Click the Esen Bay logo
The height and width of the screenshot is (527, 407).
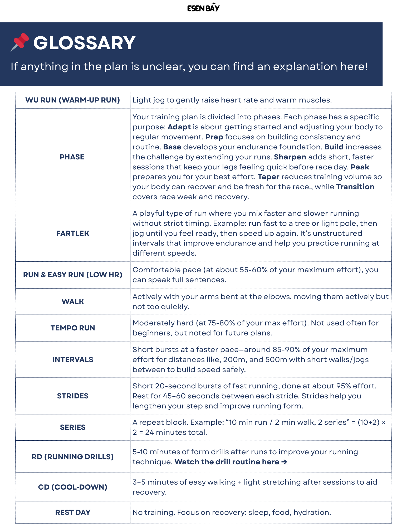[x=203, y=8]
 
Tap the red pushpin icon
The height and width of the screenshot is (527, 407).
[x=20, y=42]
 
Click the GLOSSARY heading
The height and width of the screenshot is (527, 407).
[x=84, y=43]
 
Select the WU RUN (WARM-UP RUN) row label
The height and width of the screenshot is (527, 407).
[x=72, y=100]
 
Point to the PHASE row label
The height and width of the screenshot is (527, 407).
[x=72, y=157]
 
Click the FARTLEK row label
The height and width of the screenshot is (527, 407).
[x=73, y=233]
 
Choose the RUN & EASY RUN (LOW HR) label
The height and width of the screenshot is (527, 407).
[x=73, y=275]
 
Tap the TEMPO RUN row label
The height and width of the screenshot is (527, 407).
[x=73, y=328]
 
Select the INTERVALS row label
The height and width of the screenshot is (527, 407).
[x=73, y=360]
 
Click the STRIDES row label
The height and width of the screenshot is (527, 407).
[x=73, y=396]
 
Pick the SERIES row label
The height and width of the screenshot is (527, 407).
[x=73, y=427]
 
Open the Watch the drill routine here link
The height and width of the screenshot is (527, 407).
[x=231, y=462]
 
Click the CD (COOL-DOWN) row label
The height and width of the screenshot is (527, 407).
[x=73, y=487]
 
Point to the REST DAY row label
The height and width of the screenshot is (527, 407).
[x=73, y=513]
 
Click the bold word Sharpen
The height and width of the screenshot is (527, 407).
[x=290, y=157]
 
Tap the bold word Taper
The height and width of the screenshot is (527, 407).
[x=268, y=177]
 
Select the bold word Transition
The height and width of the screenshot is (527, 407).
[x=355, y=187]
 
